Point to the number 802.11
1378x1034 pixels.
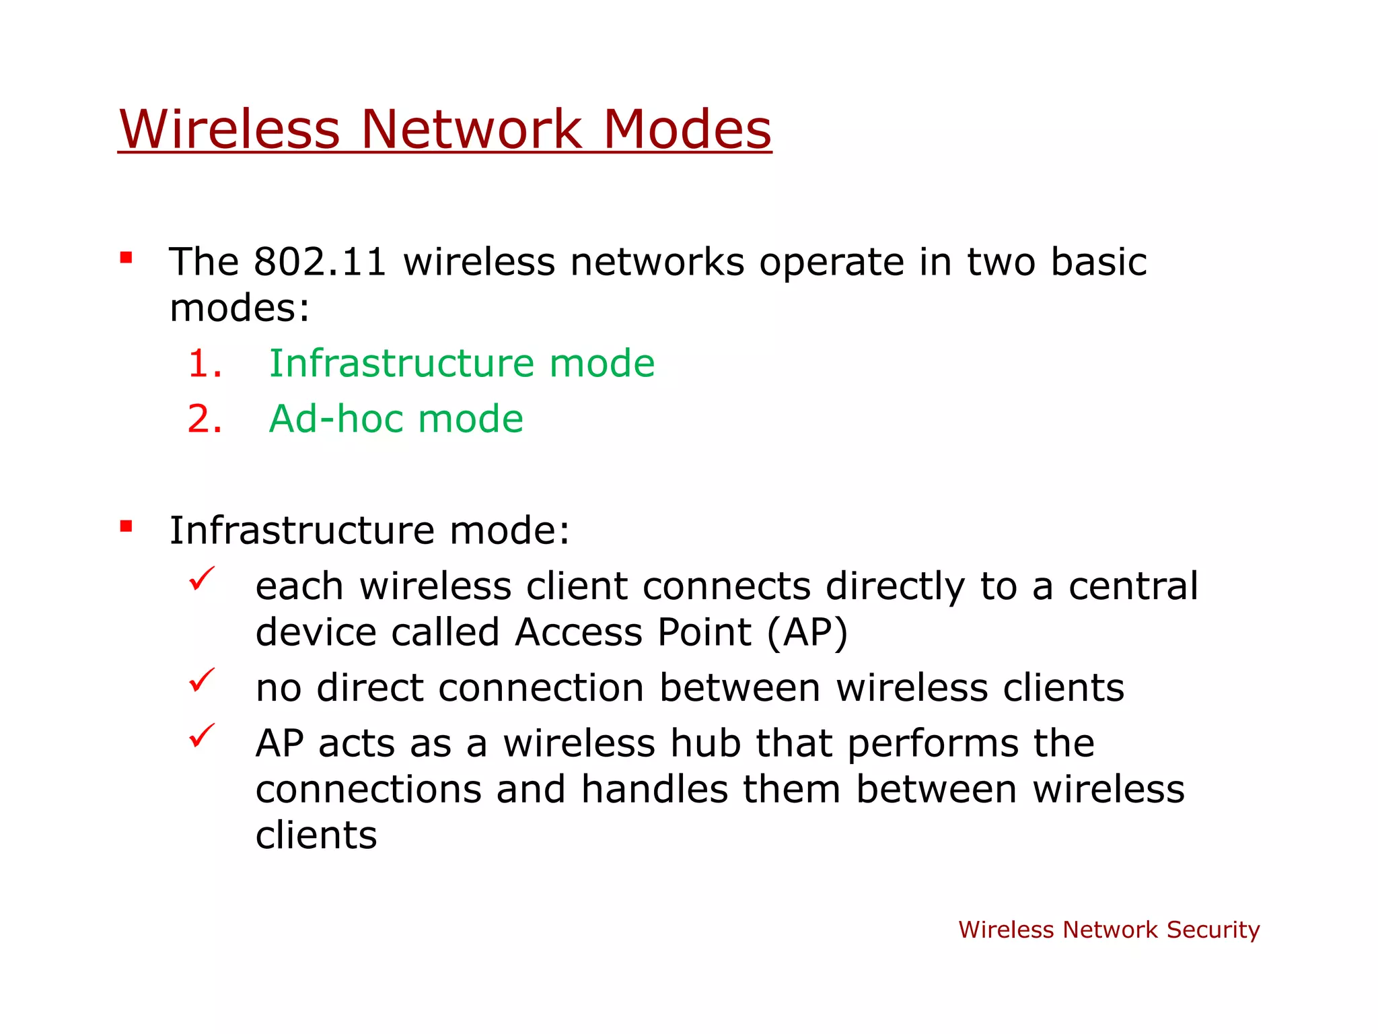pos(320,262)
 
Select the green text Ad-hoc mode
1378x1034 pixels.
pos(396,419)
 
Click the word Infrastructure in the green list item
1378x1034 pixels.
pos(402,364)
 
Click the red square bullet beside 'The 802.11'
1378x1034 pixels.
pos(126,257)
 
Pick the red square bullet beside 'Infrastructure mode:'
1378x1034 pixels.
pos(126,526)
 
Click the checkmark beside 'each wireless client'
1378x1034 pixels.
pos(201,578)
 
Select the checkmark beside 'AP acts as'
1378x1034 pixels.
pos(201,735)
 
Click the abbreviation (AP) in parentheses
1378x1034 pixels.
pos(807,633)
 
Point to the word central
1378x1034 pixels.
pos(1133,586)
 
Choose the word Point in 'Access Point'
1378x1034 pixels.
pos(704,633)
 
